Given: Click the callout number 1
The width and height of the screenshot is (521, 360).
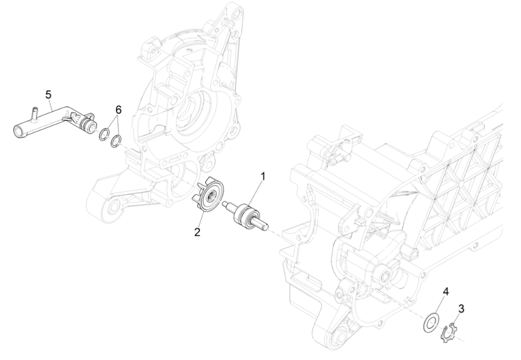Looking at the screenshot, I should [x=263, y=177].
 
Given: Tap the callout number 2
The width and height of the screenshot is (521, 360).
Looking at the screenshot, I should [x=197, y=232].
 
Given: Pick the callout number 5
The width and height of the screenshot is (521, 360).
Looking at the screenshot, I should [x=48, y=94].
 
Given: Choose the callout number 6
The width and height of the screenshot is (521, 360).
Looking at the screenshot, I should [x=118, y=110].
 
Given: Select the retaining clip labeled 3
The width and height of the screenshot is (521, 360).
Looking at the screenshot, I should [x=450, y=332].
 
